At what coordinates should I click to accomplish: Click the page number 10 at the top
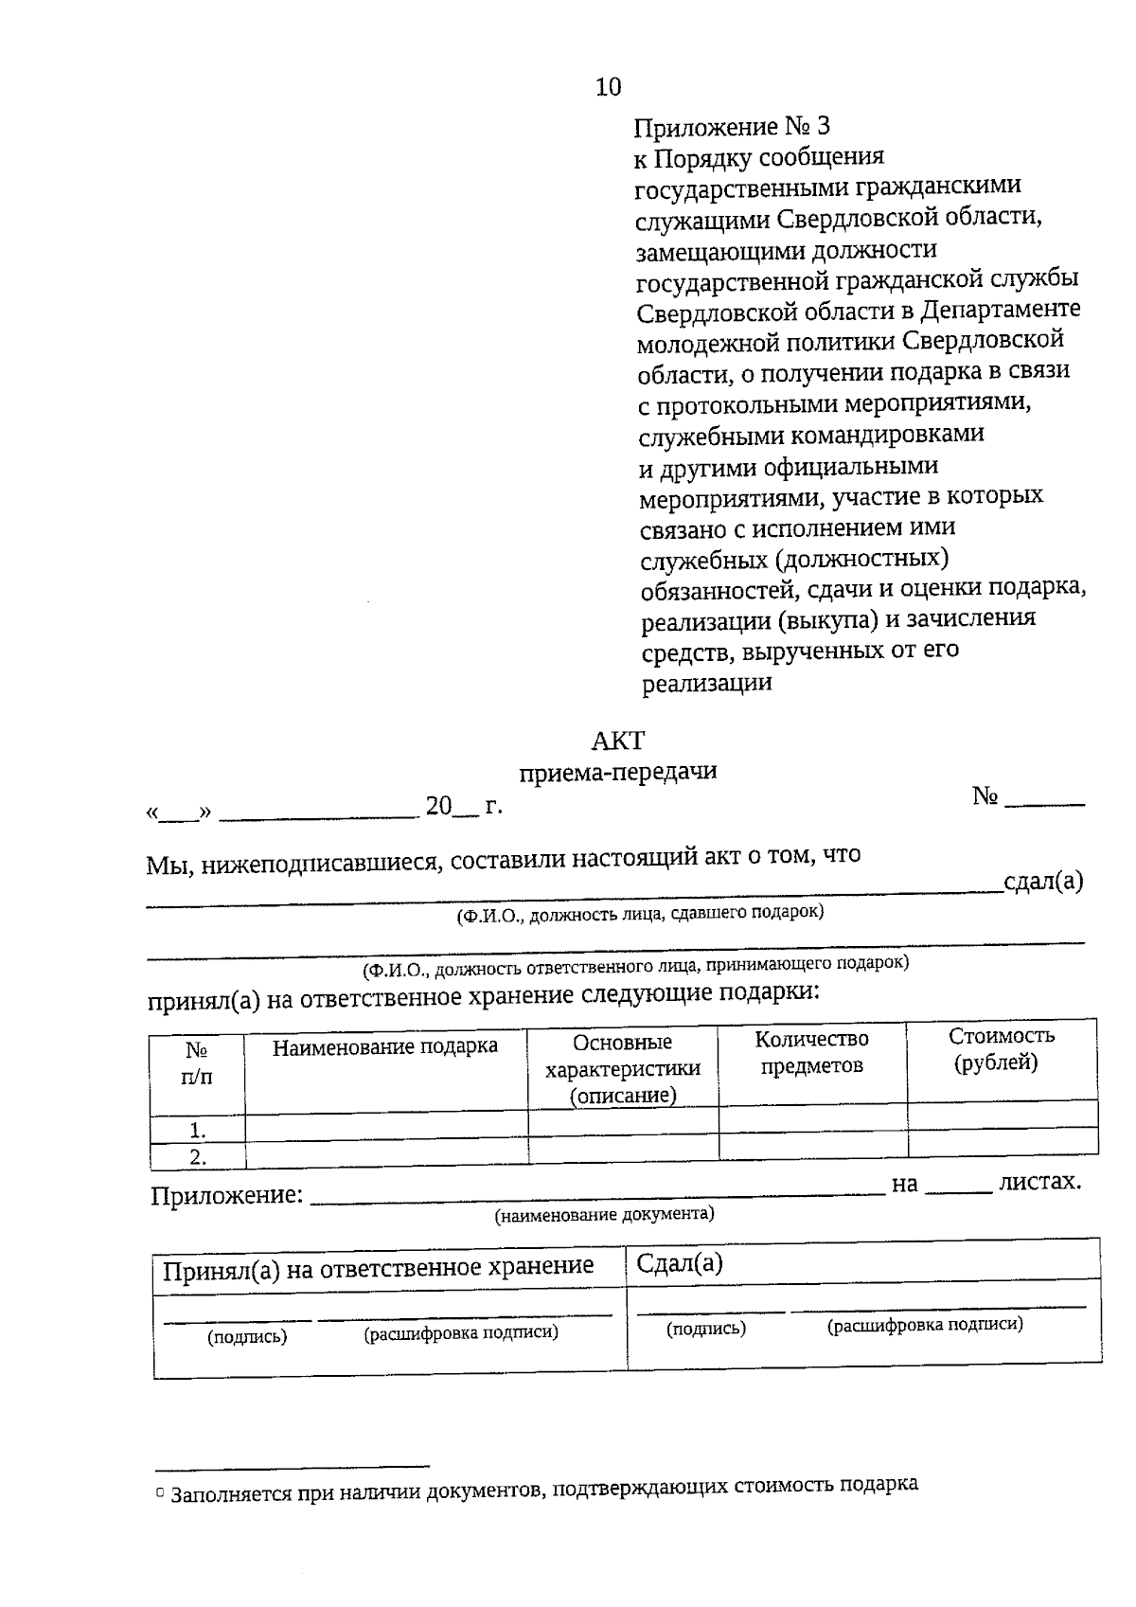coord(609,87)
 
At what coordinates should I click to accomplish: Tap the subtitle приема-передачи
coord(617,772)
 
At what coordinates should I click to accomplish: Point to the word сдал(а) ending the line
coord(1043,882)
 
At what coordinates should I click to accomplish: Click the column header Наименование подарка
coord(385,1046)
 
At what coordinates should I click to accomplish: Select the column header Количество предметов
coord(811,1052)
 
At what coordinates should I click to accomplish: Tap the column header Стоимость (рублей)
coord(1001,1049)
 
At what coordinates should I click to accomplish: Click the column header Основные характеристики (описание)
coord(623,1068)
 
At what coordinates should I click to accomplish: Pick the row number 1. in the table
coord(198,1130)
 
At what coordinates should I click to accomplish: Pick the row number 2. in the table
coord(198,1156)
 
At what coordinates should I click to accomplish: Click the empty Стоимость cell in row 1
coord(1002,1115)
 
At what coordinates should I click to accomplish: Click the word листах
coord(1039,1182)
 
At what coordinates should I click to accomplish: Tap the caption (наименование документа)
coord(604,1214)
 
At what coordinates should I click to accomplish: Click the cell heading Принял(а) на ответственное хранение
coord(378,1267)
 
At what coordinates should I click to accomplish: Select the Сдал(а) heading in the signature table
coord(679,1263)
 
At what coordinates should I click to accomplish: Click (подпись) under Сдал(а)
coord(705,1329)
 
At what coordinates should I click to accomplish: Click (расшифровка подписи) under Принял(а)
coord(461,1332)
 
